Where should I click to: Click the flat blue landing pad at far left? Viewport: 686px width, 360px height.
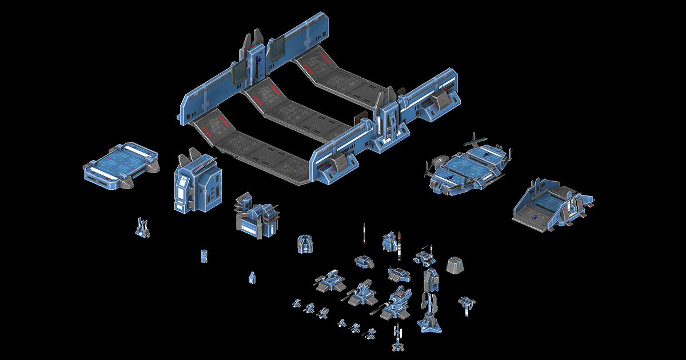pyautogui.click(x=121, y=166)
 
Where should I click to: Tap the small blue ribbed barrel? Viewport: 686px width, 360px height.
pyautogui.click(x=204, y=255)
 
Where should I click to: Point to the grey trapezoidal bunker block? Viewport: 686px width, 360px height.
pyautogui.click(x=455, y=265)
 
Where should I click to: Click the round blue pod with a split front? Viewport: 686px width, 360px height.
pyautogui.click(x=306, y=244)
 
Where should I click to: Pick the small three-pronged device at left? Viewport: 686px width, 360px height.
pyautogui.click(x=143, y=228)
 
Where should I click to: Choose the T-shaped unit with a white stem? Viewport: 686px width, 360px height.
pyautogui.click(x=468, y=303)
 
